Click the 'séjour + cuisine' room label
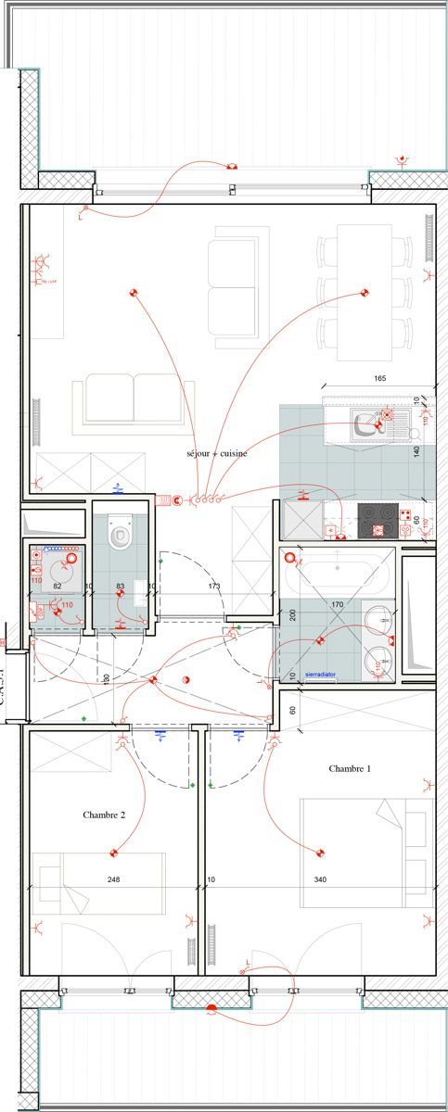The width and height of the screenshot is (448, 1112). pyautogui.click(x=216, y=454)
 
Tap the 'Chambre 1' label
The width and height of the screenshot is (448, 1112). pyautogui.click(x=350, y=768)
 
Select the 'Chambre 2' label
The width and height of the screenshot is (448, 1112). pyautogui.click(x=104, y=815)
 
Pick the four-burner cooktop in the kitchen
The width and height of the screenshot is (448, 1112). pyautogui.click(x=378, y=521)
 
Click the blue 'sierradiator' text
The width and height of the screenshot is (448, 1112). pyautogui.click(x=320, y=676)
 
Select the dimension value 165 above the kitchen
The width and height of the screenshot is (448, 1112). pyautogui.click(x=378, y=378)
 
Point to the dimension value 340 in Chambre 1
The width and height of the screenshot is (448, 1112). pyautogui.click(x=320, y=878)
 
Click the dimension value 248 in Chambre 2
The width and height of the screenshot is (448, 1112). pyautogui.click(x=113, y=878)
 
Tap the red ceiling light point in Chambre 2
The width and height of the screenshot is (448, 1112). pyautogui.click(x=114, y=852)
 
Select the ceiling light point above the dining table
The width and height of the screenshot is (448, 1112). pyautogui.click(x=364, y=294)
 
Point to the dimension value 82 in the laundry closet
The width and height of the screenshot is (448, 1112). pyautogui.click(x=57, y=587)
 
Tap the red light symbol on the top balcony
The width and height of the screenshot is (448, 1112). pyautogui.click(x=231, y=167)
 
